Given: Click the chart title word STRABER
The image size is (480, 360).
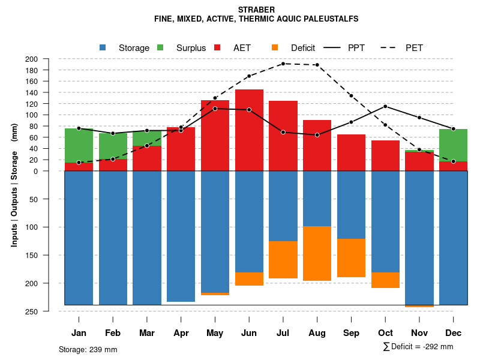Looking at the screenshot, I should pyautogui.click(x=256, y=10).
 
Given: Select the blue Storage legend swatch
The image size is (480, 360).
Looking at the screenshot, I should pyautogui.click(x=103, y=47).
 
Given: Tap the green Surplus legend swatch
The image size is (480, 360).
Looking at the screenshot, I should pyautogui.click(x=160, y=47).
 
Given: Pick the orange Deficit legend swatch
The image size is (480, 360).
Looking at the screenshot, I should pyautogui.click(x=275, y=47).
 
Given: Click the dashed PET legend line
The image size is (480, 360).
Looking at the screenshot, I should pyautogui.click(x=391, y=47).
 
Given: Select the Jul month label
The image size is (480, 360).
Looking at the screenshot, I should pyautogui.click(x=283, y=333).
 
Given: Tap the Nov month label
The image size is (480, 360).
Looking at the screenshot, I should pyautogui.click(x=419, y=333).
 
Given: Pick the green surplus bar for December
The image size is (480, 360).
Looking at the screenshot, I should pyautogui.click(x=454, y=145).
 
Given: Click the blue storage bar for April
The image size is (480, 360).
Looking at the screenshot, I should pyautogui.click(x=181, y=236).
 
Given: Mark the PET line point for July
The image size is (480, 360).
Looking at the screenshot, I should pyautogui.click(x=283, y=64).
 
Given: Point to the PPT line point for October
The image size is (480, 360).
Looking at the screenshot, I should pyautogui.click(x=385, y=106).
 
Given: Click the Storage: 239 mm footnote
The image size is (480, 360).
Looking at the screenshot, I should pyautogui.click(x=88, y=349).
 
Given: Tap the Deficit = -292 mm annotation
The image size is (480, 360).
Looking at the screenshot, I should pyautogui.click(x=418, y=347).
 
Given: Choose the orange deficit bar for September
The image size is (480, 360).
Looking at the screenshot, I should pyautogui.click(x=351, y=258).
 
